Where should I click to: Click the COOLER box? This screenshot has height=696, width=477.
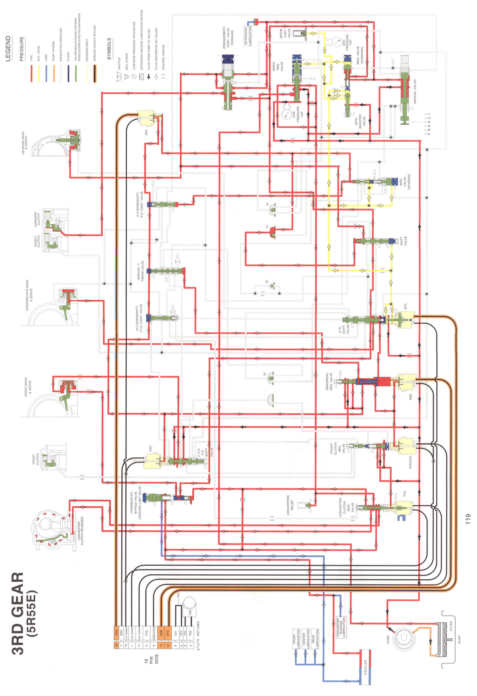click(365, 667)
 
